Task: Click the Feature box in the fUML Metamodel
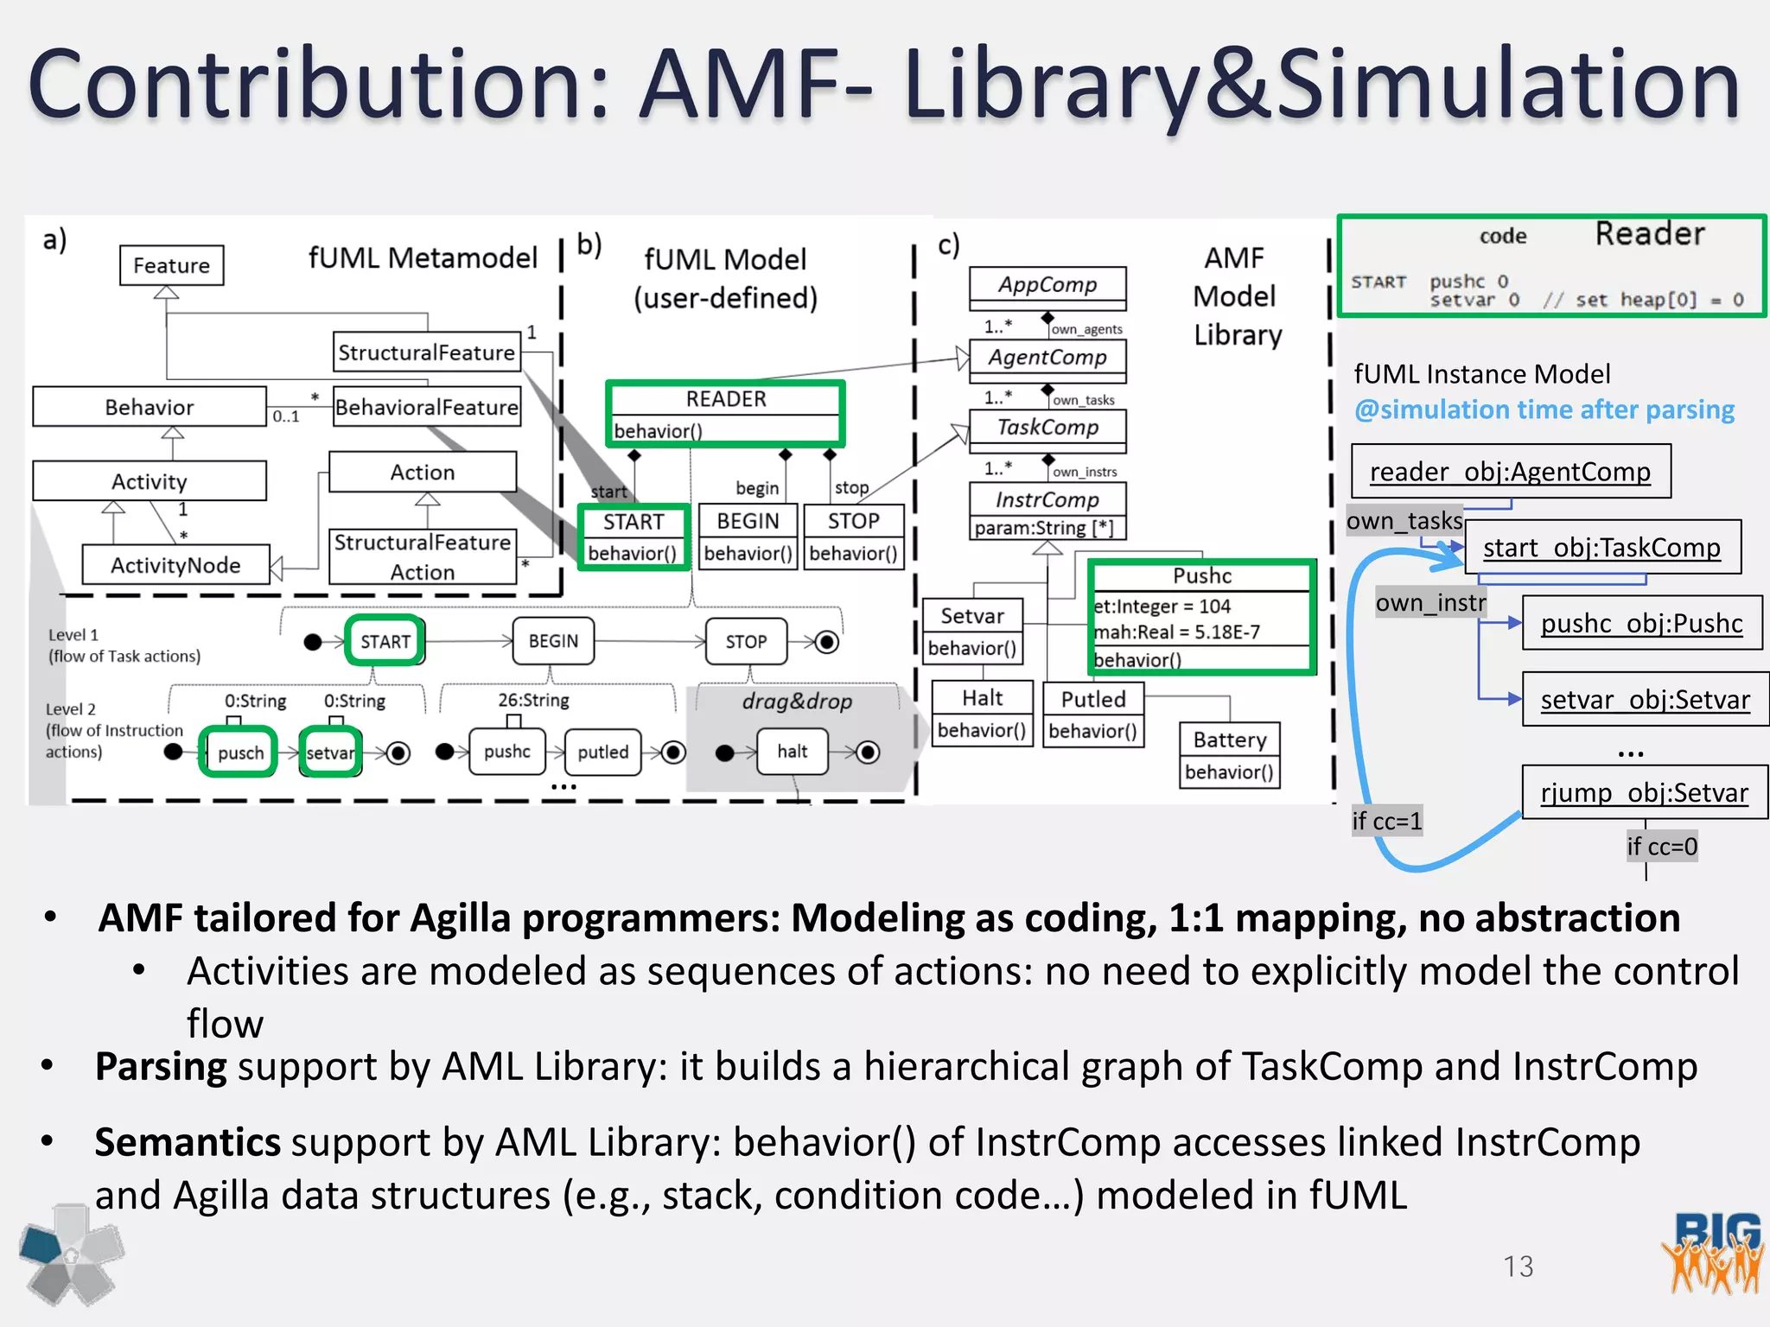(x=171, y=265)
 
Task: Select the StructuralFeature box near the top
(x=426, y=352)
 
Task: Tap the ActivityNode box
(x=175, y=565)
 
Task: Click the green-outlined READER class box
(x=725, y=414)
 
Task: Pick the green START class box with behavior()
(x=633, y=537)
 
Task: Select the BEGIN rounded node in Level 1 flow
(x=553, y=641)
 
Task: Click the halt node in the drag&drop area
(x=792, y=752)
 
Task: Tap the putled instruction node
(x=602, y=752)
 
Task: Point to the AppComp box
(x=1047, y=286)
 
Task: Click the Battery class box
(x=1229, y=755)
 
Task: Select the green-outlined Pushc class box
(x=1201, y=617)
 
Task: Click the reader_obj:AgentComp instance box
(x=1510, y=471)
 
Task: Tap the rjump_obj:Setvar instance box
(x=1644, y=792)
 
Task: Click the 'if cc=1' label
(x=1386, y=821)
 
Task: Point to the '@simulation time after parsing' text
(x=1544, y=410)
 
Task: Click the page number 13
(x=1518, y=1267)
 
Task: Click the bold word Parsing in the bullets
(x=161, y=1067)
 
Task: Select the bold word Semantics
(x=188, y=1142)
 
